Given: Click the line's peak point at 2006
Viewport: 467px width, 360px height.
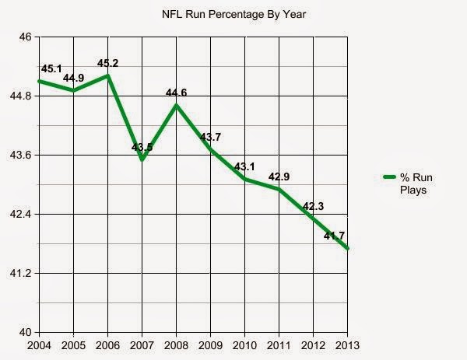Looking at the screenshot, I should [x=108, y=75].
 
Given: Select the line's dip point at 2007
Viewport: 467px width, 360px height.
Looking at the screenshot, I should [x=143, y=159].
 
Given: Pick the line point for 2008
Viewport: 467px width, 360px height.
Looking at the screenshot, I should [x=177, y=105].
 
